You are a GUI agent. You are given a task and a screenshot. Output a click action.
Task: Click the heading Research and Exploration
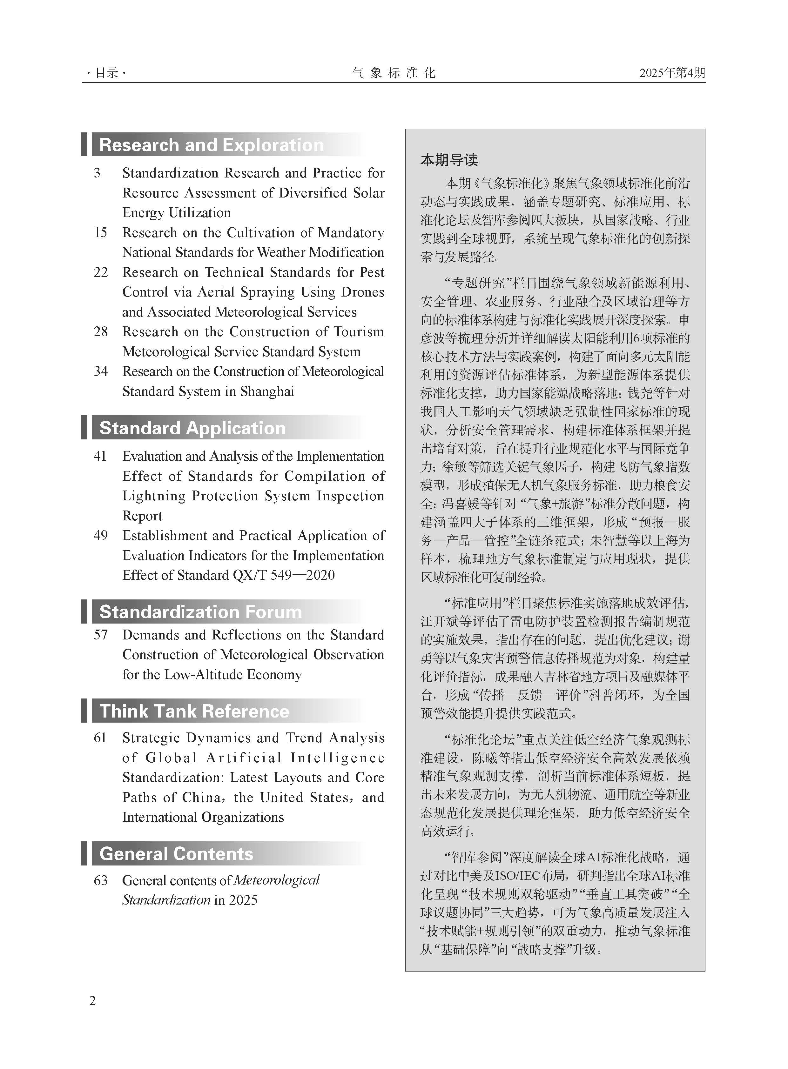pos(211,145)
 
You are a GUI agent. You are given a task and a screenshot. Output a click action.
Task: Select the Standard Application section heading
pos(192,428)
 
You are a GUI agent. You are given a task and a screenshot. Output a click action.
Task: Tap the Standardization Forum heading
pos(200,612)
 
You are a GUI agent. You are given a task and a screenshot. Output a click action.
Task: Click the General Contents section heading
pos(176,853)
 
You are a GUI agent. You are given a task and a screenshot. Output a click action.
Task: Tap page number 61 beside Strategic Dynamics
pos(100,738)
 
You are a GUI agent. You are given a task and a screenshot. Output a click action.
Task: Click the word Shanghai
pos(267,391)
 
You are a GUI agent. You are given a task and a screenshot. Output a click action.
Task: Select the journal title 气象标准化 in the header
pos(394,73)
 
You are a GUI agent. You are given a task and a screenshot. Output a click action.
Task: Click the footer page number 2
pos(92,1000)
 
